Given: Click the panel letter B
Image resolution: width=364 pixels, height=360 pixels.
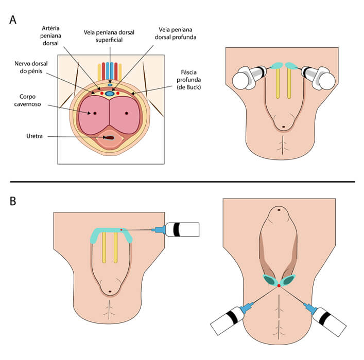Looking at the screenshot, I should (13, 200).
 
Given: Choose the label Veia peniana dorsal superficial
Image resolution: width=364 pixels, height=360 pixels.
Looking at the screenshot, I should (109, 36).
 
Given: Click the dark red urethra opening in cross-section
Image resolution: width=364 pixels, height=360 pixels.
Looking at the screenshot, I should (109, 138).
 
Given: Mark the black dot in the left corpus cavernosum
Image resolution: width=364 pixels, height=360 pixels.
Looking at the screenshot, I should (95, 113).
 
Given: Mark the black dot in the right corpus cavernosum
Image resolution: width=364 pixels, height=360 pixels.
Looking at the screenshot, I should (126, 113).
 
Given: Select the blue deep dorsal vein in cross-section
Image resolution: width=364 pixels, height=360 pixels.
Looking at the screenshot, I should (109, 94).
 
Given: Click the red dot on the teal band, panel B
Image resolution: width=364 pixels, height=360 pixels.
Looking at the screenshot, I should (121, 229).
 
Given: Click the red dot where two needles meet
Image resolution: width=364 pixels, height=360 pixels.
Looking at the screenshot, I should (279, 285).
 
